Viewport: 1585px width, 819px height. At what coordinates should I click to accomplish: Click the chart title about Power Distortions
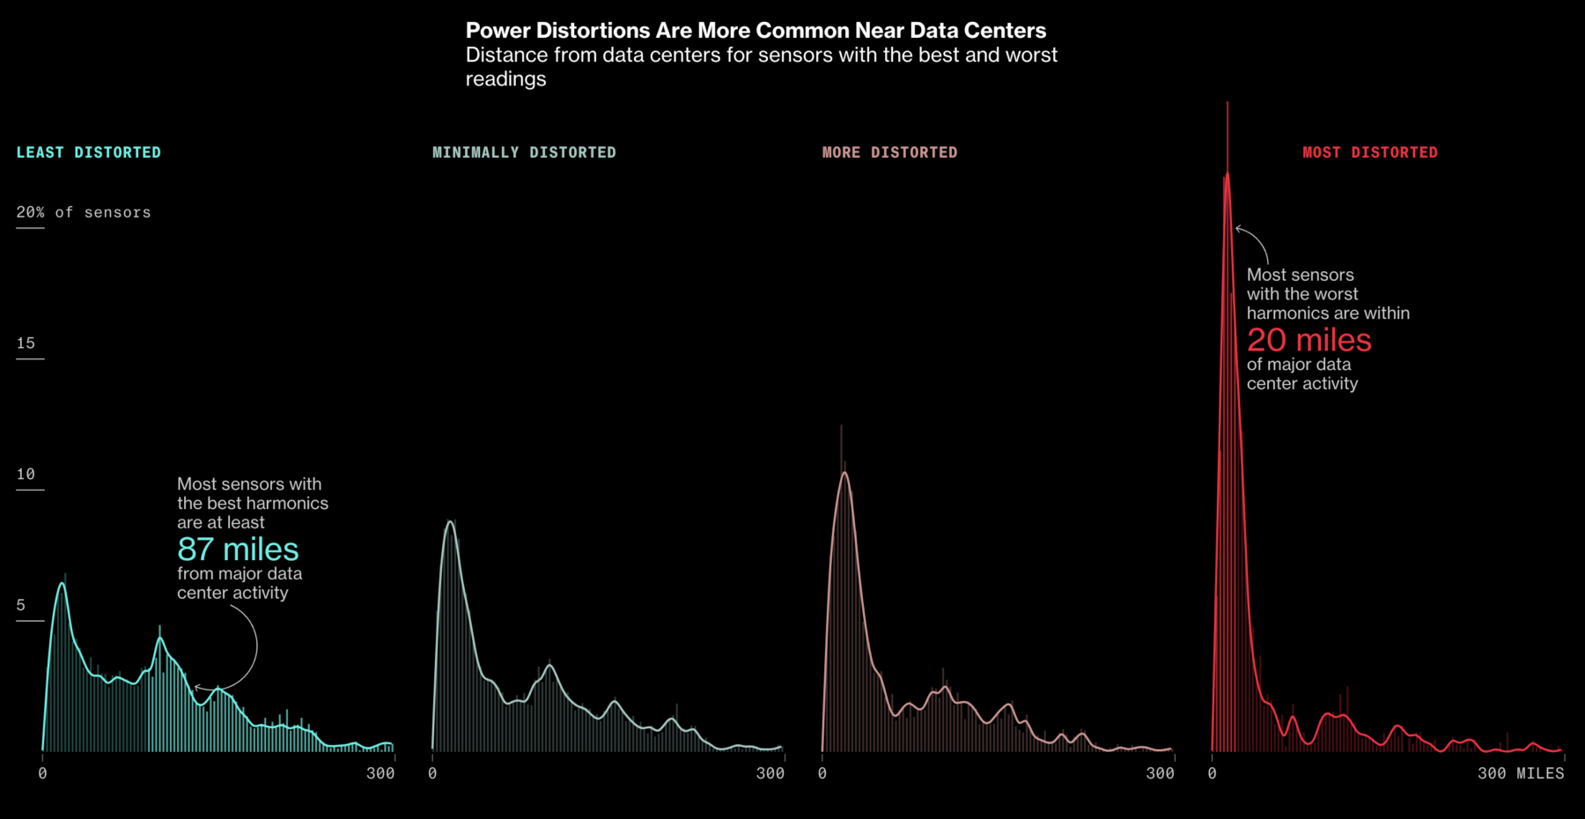(x=756, y=31)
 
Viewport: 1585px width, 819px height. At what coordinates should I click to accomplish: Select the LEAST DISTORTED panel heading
(x=89, y=152)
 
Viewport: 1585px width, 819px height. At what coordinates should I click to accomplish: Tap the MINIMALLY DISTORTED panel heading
(x=524, y=152)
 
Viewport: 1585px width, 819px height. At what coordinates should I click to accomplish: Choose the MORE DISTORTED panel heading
(x=889, y=152)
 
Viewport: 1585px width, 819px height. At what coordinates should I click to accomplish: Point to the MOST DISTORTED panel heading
(x=1369, y=152)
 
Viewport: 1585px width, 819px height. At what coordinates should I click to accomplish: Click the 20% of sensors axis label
(x=84, y=212)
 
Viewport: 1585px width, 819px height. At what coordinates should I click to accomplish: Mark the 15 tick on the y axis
(x=26, y=343)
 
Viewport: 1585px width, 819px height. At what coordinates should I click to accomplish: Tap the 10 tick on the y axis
(x=26, y=475)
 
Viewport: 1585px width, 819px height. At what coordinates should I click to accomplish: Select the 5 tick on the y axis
(x=21, y=606)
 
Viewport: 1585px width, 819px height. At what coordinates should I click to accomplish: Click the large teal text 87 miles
(x=238, y=550)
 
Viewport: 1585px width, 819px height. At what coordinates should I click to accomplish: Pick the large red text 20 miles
(x=1309, y=340)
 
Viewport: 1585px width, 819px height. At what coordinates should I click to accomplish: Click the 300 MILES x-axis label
(x=1521, y=773)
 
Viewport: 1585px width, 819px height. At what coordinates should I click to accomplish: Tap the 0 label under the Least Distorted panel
(x=42, y=773)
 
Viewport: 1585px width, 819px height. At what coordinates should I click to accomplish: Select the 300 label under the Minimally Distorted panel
(x=770, y=773)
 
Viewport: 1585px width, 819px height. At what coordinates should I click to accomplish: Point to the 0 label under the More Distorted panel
(x=822, y=773)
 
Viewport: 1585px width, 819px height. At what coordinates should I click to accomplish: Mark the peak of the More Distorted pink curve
(x=845, y=473)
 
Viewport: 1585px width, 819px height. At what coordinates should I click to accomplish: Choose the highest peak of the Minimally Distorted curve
(x=450, y=521)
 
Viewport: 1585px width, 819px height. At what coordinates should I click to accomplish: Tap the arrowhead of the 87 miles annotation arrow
(x=196, y=687)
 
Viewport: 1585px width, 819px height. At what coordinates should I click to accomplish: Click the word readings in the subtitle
(x=505, y=79)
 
